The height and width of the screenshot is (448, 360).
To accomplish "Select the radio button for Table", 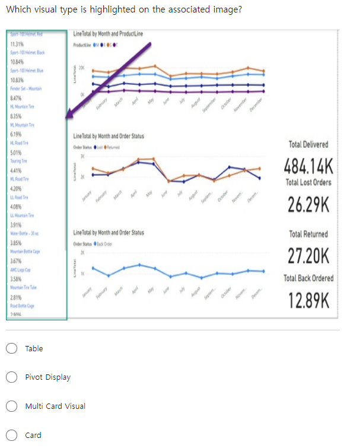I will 11,349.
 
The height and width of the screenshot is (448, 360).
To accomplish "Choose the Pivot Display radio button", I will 11,377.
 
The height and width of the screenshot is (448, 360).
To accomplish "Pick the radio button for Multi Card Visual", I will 11,406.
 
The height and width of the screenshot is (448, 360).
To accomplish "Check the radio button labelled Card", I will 11,436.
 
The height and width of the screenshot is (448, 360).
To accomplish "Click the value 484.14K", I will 308,164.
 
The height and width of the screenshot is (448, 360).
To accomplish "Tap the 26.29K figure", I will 308,205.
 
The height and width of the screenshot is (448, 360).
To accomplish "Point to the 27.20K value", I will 308,256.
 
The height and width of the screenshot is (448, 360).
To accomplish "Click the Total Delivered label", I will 308,144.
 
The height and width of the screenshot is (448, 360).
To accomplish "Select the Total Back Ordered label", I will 308,278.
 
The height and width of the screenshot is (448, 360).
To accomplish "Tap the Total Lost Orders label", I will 308,182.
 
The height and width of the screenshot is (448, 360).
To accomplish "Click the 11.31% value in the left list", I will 17,45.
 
